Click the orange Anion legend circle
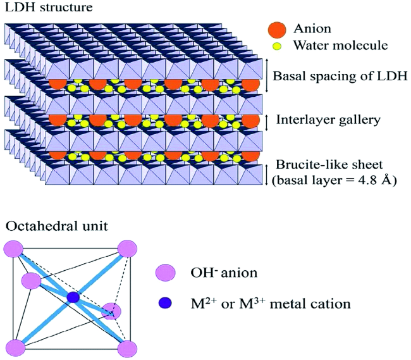pyautogui.click(x=278, y=29)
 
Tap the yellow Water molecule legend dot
pyautogui.click(x=278, y=46)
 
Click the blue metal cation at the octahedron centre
pyautogui.click(x=73, y=297)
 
